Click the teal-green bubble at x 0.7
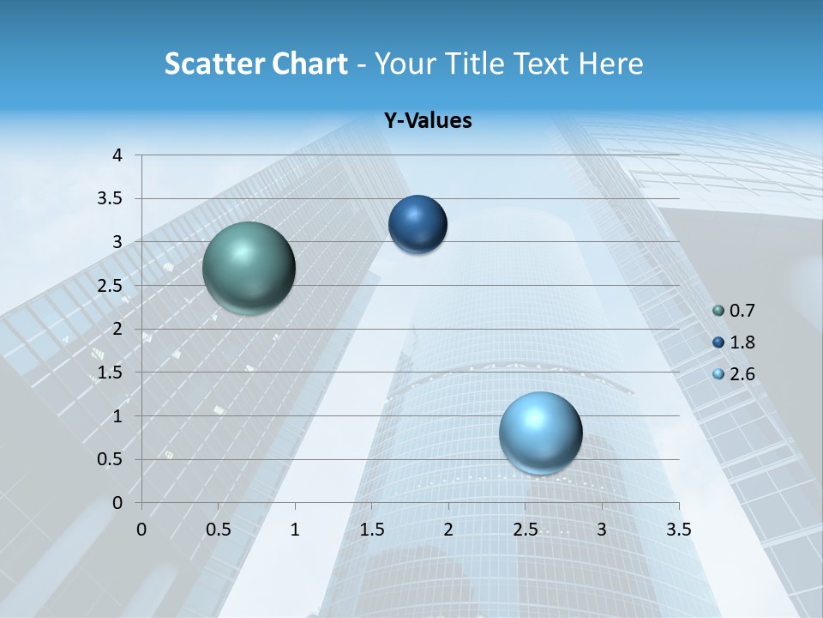pyautogui.click(x=249, y=268)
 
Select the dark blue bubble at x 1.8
pyautogui.click(x=418, y=225)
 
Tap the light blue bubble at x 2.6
pyautogui.click(x=540, y=433)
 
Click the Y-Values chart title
pyautogui.click(x=427, y=121)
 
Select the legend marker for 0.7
pyautogui.click(x=718, y=312)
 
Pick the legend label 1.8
pyautogui.click(x=742, y=343)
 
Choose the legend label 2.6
pyautogui.click(x=742, y=374)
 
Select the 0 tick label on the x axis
pyautogui.click(x=141, y=530)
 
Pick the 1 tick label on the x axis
pyautogui.click(x=295, y=530)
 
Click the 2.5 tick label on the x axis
pyautogui.click(x=525, y=530)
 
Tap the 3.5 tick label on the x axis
pyautogui.click(x=678, y=530)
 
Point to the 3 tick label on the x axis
pyautogui.click(x=602, y=530)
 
